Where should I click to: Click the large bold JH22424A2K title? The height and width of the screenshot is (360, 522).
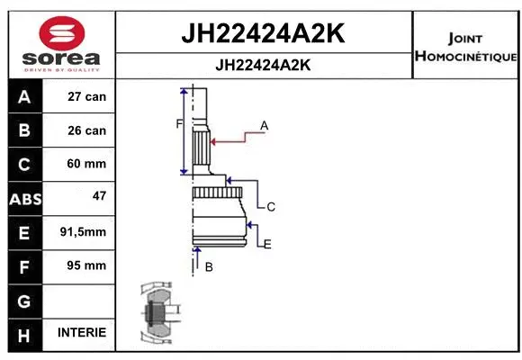(x=264, y=33)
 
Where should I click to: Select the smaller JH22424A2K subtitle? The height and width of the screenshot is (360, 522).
(x=264, y=65)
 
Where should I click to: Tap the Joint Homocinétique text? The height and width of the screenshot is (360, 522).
(x=465, y=48)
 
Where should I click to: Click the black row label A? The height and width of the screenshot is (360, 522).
(x=23, y=97)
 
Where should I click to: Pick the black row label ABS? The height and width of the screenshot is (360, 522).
(x=23, y=199)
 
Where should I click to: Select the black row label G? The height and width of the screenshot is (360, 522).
(x=23, y=300)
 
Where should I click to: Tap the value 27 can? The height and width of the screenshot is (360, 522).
(x=87, y=96)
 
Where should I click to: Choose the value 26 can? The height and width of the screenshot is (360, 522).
(x=87, y=130)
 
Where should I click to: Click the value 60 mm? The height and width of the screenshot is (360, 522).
(x=87, y=164)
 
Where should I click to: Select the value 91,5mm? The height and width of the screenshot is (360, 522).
(x=83, y=231)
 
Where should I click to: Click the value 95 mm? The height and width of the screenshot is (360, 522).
(x=87, y=265)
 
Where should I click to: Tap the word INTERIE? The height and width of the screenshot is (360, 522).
(x=82, y=332)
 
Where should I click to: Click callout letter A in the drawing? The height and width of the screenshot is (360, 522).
(x=265, y=126)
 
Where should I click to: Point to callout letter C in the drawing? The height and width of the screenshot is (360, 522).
(x=270, y=207)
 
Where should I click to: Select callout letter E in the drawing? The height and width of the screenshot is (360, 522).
(x=267, y=243)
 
